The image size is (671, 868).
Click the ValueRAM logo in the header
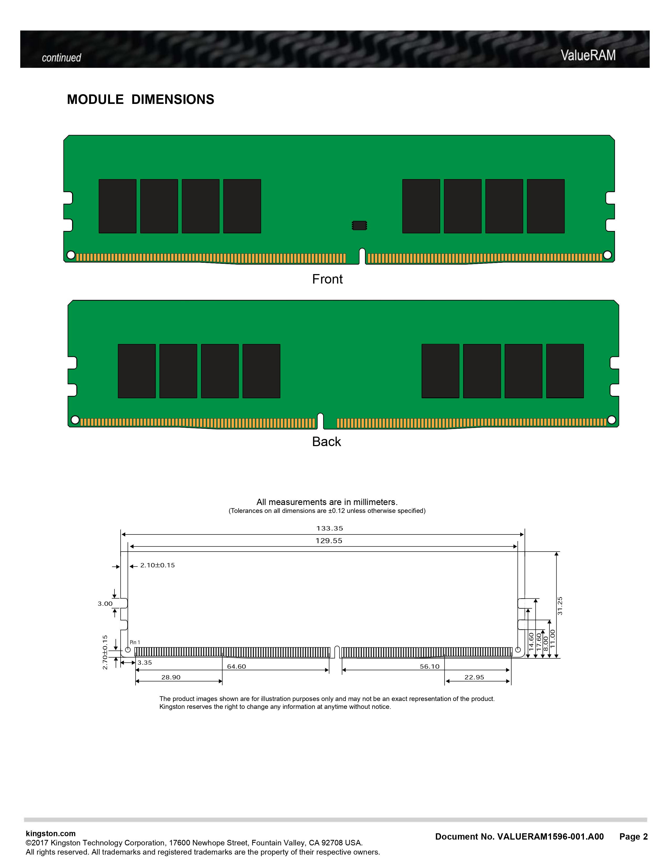tap(588, 55)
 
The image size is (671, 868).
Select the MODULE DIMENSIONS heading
tap(140, 99)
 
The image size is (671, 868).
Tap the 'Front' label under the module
tap(327, 279)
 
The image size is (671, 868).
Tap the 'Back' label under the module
tap(326, 442)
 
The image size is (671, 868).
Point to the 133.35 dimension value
tap(329, 528)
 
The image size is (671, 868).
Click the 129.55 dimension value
tap(329, 541)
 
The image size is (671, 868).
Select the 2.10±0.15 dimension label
tap(157, 565)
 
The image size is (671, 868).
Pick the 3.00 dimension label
tap(105, 604)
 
